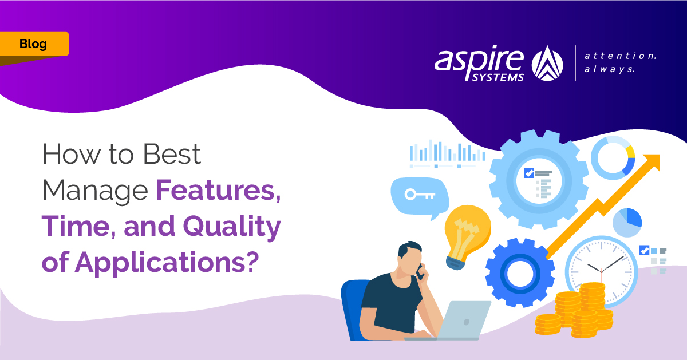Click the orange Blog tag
click(x=34, y=44)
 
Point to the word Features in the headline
click(x=218, y=190)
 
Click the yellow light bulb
click(x=467, y=229)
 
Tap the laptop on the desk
click(x=458, y=321)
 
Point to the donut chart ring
click(x=613, y=157)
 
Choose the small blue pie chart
click(x=627, y=222)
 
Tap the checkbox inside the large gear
click(x=529, y=173)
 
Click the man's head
click(x=410, y=258)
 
